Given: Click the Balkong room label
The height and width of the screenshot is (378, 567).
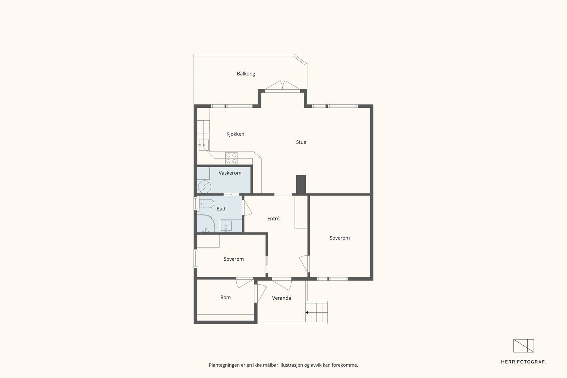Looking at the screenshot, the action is (246, 74).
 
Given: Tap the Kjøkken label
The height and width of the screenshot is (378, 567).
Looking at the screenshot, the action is (235, 134).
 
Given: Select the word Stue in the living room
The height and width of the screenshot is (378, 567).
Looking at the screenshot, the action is (301, 142).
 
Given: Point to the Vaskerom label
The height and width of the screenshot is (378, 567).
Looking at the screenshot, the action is (230, 173).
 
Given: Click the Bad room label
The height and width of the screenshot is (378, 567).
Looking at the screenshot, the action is (221, 209).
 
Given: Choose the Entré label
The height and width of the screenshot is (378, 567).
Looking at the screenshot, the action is (273, 219).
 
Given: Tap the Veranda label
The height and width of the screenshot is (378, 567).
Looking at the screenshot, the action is (281, 298).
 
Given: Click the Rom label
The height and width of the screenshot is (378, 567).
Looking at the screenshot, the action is (225, 297).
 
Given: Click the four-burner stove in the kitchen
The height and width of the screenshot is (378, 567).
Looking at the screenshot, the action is (231, 158).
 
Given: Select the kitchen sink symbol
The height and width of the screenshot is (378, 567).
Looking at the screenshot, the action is (203, 145).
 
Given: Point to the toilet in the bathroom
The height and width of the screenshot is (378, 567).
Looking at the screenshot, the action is (206, 204).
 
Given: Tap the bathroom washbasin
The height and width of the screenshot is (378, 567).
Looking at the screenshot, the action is (226, 226).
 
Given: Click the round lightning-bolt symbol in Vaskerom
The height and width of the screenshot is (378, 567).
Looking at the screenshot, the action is (204, 187).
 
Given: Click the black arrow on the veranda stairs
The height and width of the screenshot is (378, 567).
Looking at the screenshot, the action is (307, 312).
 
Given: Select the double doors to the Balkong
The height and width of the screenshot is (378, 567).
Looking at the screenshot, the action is (282, 85).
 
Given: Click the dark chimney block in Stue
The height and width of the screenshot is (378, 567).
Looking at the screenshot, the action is (301, 185).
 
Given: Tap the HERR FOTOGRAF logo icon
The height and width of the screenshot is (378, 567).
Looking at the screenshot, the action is (523, 346).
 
